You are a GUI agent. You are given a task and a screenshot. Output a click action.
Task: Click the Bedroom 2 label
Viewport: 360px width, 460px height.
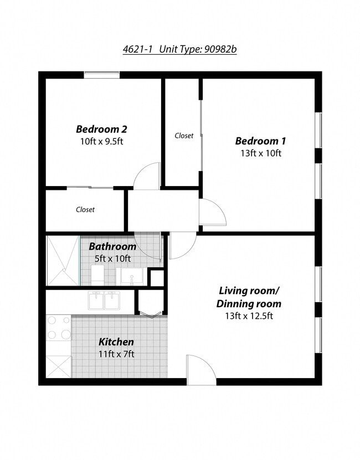101,130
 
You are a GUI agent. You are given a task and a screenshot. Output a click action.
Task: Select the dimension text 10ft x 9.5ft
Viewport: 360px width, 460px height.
101,142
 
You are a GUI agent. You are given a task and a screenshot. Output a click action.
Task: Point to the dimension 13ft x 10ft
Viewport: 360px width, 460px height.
260,153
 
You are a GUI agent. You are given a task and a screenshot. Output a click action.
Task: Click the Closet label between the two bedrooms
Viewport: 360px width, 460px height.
184,136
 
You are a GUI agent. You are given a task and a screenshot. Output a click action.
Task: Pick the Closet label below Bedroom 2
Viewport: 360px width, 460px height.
85,210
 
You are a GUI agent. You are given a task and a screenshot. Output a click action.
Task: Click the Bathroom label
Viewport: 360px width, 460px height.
112,246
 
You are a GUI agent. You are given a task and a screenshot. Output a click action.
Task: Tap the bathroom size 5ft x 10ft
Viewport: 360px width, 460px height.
112,259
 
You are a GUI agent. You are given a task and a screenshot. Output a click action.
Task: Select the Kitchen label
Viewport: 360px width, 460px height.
116,342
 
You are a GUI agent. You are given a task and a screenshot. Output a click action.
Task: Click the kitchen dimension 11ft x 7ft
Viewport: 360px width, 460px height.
116,354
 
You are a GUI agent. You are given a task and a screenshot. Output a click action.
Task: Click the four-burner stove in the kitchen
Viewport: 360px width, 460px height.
59,327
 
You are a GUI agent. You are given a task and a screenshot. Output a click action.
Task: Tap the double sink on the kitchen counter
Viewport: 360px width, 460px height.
104,301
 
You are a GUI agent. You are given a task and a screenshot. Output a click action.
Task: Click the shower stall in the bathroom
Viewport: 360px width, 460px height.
63,260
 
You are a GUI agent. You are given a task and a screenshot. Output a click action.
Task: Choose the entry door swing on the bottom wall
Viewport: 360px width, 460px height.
200,369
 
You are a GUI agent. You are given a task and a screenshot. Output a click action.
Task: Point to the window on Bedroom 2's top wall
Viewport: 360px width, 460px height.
102,75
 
